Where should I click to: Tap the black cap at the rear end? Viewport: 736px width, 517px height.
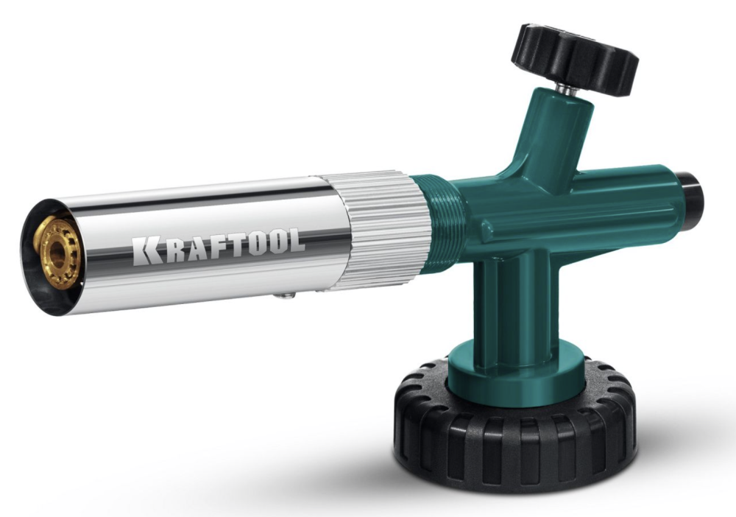(692, 193)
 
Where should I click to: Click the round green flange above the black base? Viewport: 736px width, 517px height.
(508, 372)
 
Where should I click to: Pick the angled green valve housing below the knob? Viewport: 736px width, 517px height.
(556, 140)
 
